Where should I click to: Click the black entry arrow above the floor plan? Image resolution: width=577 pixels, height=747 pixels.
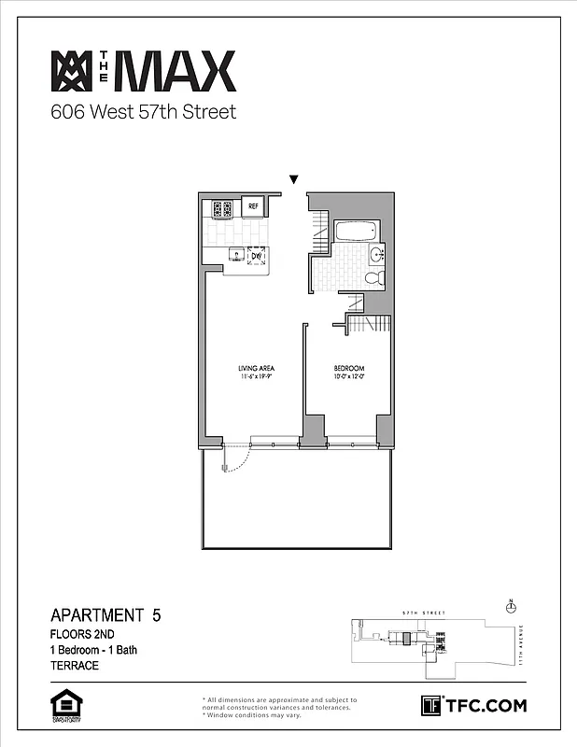click(x=294, y=179)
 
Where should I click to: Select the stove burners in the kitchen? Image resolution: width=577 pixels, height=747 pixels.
click(x=222, y=208)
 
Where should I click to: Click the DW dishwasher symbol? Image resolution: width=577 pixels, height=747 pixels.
click(x=255, y=255)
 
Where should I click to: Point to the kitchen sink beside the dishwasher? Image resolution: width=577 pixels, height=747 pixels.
click(x=236, y=254)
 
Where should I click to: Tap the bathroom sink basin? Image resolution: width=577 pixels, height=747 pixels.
click(x=376, y=252)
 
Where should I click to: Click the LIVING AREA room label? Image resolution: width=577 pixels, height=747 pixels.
click(x=255, y=369)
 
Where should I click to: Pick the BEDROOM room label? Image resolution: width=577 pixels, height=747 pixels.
click(x=348, y=369)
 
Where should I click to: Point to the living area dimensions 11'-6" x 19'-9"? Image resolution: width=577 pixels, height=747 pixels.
click(x=255, y=378)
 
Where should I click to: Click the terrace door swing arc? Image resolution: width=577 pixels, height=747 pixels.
click(x=238, y=459)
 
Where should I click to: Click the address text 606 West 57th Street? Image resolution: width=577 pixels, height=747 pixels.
click(x=143, y=113)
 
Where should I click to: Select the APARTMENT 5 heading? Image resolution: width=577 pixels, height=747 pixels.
click(x=111, y=615)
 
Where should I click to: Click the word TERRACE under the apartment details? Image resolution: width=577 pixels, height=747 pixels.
click(x=74, y=667)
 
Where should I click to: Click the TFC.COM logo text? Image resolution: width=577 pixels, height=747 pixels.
click(x=485, y=705)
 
